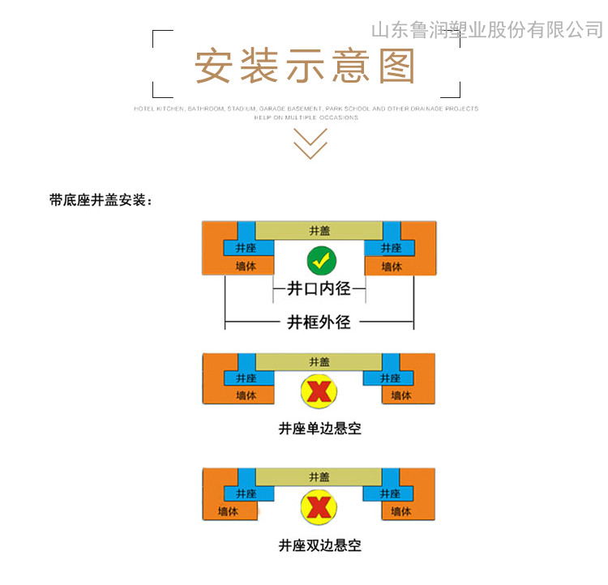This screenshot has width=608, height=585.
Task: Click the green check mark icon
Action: (321, 261)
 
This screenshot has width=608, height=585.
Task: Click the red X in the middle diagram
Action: (319, 391)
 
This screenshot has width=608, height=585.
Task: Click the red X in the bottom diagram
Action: (319, 507)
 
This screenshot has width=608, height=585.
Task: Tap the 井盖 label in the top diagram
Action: (319, 230)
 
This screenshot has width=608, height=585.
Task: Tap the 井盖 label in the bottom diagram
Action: (319, 477)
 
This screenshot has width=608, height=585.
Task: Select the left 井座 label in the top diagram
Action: (246, 248)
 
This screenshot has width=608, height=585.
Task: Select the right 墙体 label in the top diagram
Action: (392, 266)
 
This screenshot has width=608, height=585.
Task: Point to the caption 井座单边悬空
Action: (319, 429)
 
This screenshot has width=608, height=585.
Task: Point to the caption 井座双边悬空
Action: (319, 545)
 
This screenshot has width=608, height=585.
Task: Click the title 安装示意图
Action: (305, 66)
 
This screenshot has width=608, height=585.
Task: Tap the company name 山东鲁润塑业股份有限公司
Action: (486, 31)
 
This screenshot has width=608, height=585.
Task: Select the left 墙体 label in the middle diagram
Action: (246, 395)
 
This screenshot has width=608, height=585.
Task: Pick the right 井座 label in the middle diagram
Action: (391, 378)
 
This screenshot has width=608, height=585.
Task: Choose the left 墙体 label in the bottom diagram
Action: (228, 511)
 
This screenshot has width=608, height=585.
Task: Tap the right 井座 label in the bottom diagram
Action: (391, 493)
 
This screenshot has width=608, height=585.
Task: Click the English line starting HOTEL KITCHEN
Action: (306, 108)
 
